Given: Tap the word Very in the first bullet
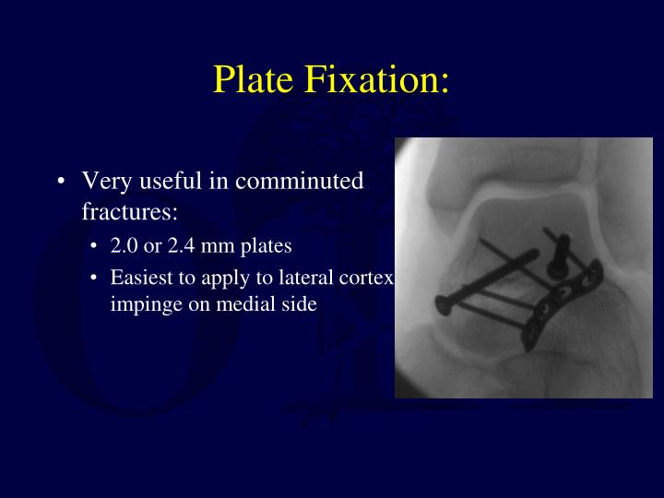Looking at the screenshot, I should tap(104, 182).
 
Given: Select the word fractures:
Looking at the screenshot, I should tap(129, 212).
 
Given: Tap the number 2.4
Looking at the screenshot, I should tap(181, 247).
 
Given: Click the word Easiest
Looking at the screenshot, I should tap(140, 277).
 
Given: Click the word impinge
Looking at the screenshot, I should tap(141, 302).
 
